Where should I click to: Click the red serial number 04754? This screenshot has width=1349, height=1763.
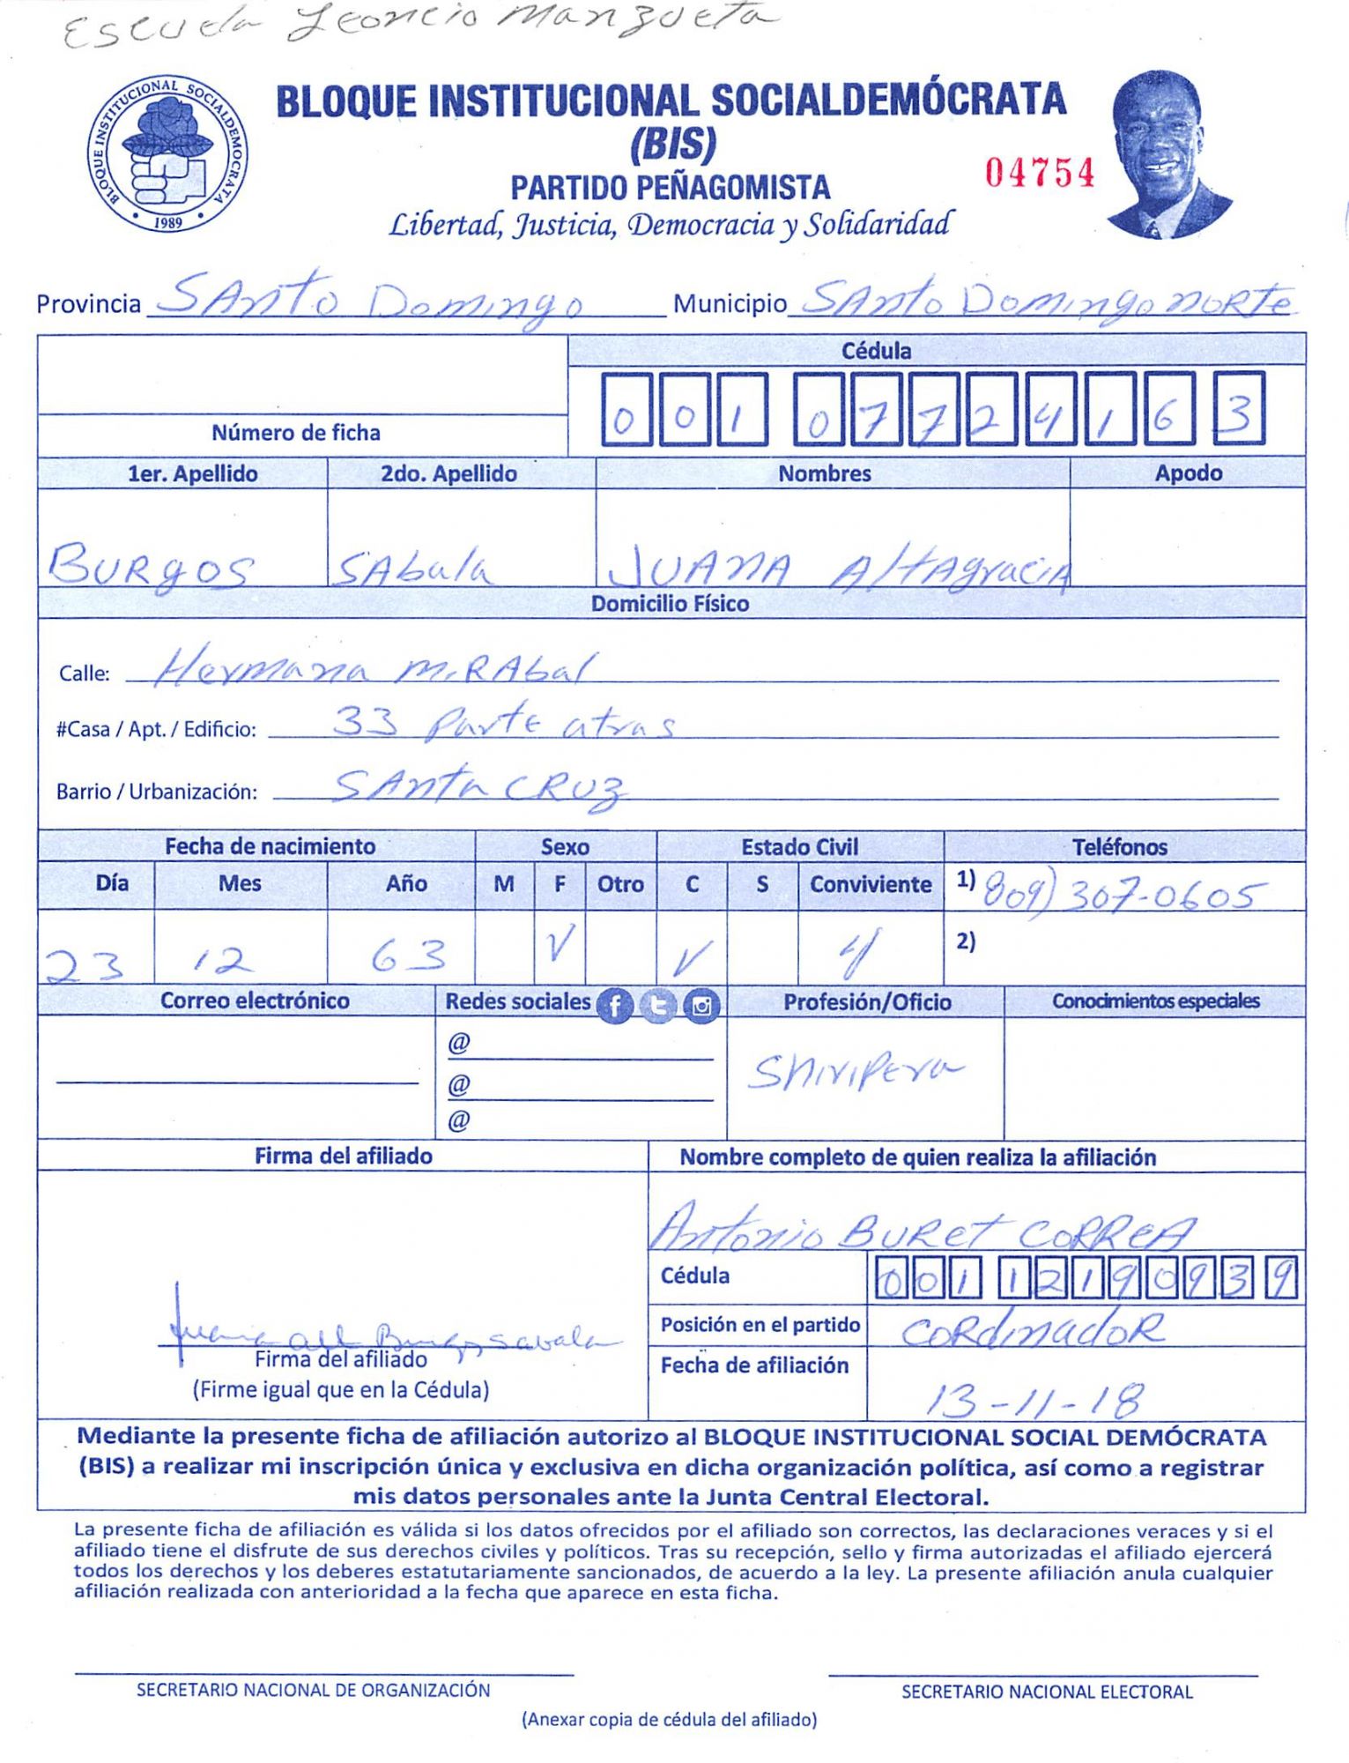[1040, 173]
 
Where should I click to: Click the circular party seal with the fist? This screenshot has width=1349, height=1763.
[167, 153]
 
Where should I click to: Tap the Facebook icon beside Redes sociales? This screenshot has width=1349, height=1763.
[615, 1005]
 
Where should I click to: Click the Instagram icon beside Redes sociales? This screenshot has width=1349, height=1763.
[702, 1005]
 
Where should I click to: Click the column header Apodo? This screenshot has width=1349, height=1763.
[1188, 473]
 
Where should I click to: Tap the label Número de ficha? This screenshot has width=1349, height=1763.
[295, 433]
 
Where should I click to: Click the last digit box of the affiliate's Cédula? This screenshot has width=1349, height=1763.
[1239, 408]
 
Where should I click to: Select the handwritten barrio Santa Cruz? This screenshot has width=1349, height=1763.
[480, 785]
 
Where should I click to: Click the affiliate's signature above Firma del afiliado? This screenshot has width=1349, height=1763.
[388, 1338]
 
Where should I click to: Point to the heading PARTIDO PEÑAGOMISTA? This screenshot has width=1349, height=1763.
[670, 187]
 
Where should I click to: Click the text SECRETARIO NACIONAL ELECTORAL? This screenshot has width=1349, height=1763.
[1046, 1692]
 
